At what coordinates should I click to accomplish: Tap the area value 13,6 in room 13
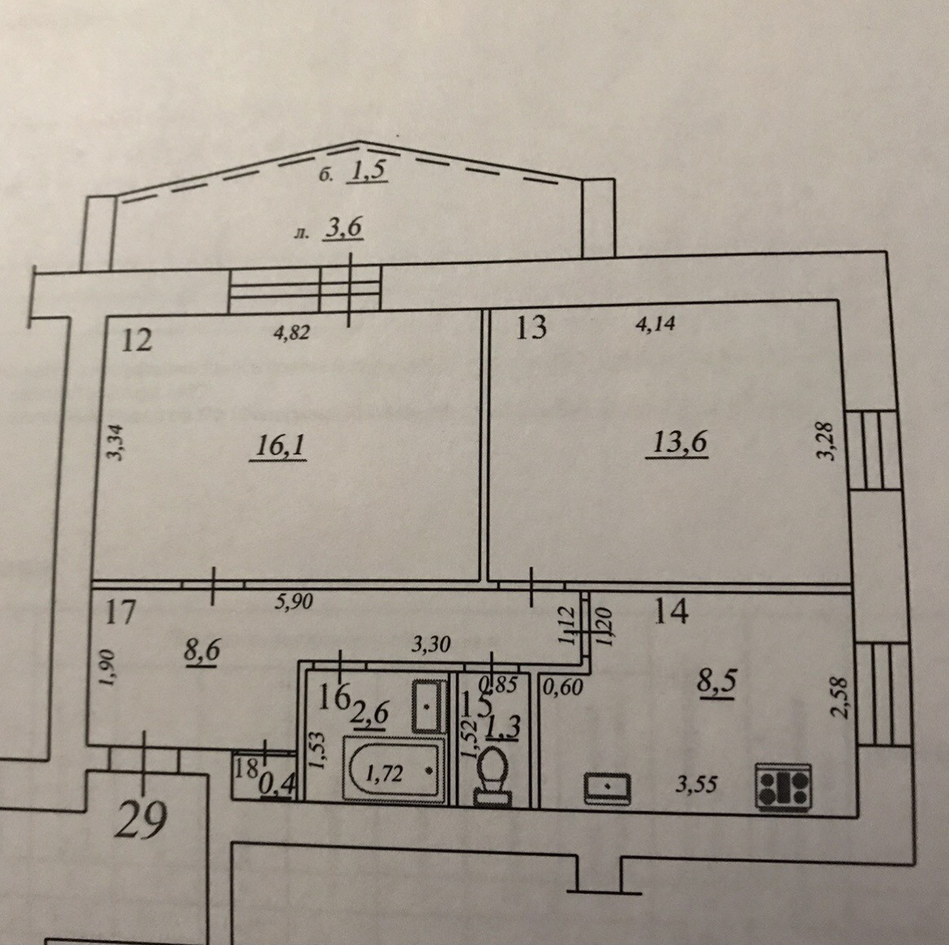[x=678, y=443]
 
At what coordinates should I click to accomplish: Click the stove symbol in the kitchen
[x=783, y=786]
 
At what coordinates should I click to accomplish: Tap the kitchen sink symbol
[x=608, y=786]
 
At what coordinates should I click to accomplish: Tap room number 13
[x=531, y=328]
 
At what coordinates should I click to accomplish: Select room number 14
[x=671, y=610]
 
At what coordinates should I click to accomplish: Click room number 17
[x=120, y=611]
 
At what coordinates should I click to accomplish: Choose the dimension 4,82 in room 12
[x=292, y=333]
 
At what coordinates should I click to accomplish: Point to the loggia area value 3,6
[x=342, y=229]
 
